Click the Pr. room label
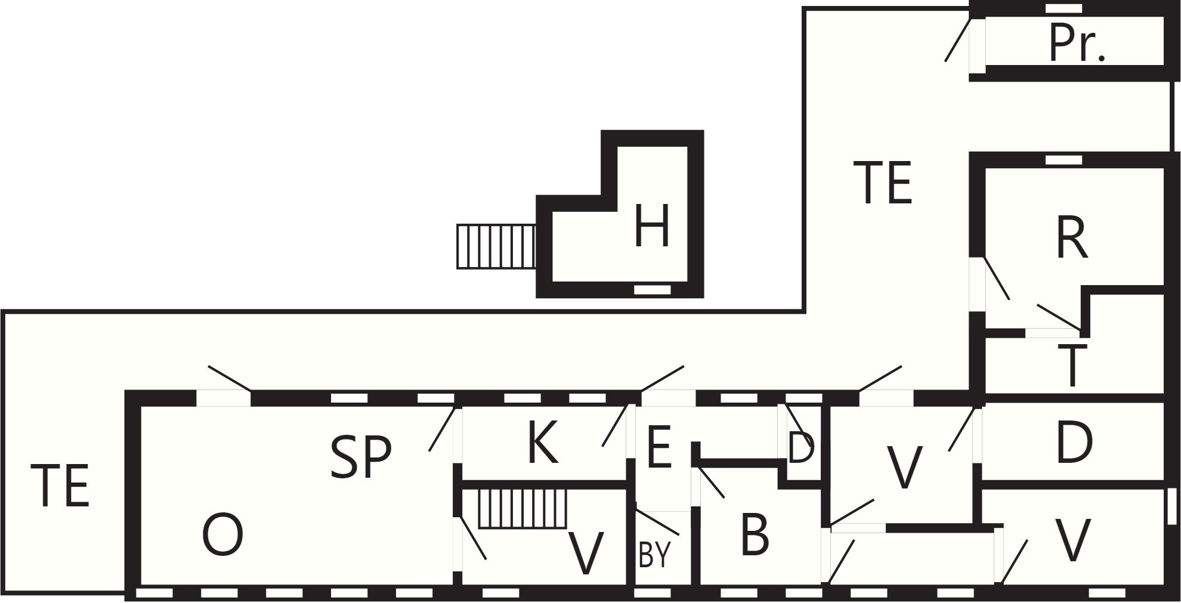1077,44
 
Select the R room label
1072,238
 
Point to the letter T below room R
1072,365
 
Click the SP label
361,457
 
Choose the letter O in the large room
223,534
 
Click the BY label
654,555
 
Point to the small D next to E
800,448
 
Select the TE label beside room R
883,183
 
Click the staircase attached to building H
496,246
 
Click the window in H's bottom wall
652,290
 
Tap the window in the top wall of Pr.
1064,8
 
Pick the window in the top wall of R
1064,160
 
